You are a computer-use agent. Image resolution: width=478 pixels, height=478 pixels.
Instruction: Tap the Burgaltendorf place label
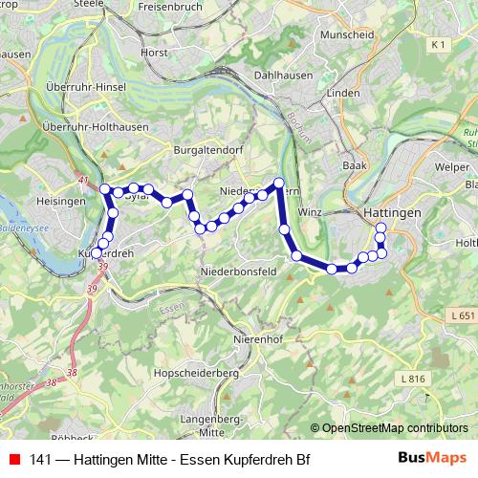204,150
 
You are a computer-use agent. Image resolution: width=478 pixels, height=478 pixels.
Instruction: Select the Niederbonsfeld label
238,272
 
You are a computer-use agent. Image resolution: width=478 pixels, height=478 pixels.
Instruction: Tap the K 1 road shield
439,45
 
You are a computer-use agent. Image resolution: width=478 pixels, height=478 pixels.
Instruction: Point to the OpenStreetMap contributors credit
394,428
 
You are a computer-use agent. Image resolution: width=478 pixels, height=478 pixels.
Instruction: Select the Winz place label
309,211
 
